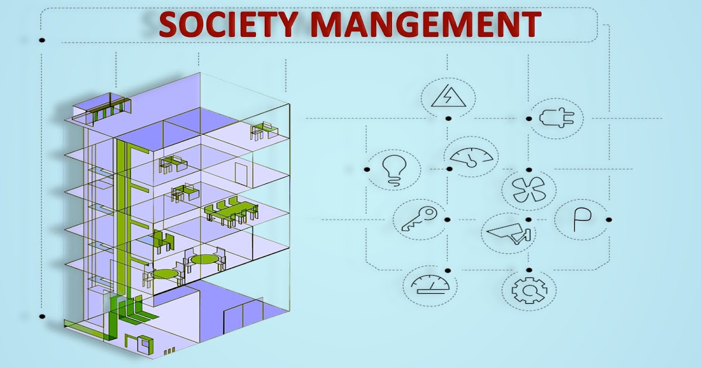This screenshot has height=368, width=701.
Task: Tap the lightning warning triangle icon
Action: click(446, 96)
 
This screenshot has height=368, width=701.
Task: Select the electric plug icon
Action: click(556, 119)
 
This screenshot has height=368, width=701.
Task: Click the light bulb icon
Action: click(393, 169)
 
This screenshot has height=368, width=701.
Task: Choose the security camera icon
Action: click(508, 233)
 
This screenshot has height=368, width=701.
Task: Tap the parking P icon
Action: click(581, 220)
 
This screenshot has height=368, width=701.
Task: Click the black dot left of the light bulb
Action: click(367, 169)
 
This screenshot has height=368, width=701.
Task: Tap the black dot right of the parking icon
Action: click(609, 220)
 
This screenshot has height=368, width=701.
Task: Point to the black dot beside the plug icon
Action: click(529, 119)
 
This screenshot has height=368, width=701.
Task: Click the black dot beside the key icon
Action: click(447, 220)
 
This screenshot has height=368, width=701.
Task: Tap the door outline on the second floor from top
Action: click(240, 172)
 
